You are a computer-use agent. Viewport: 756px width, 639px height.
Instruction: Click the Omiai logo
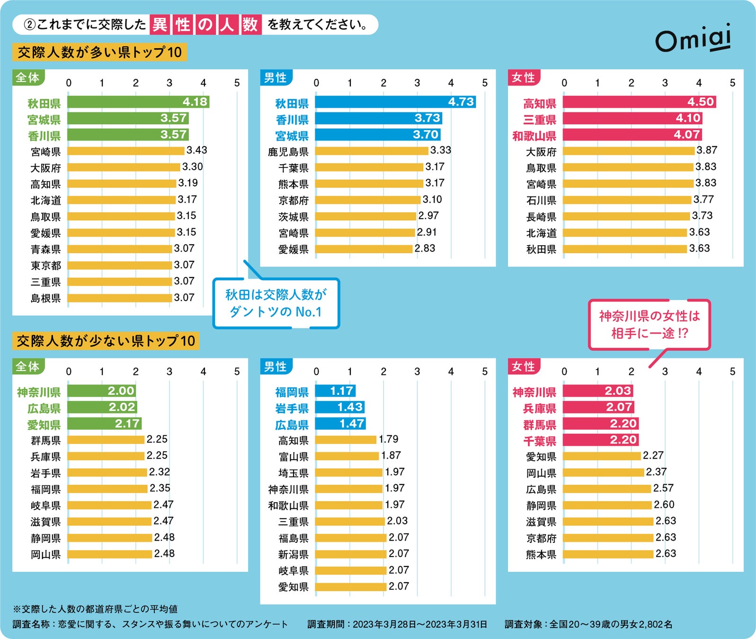[693, 39]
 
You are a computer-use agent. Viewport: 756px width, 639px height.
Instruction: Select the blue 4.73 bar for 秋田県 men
[395, 102]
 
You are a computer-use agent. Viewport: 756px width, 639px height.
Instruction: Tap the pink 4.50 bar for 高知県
[639, 102]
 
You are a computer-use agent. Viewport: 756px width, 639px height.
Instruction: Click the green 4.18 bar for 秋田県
[138, 102]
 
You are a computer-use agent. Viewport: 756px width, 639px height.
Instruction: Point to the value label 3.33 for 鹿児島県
[440, 151]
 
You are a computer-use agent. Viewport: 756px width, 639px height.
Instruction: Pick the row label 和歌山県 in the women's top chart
[534, 136]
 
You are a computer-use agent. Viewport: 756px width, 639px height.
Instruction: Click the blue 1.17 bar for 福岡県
[335, 391]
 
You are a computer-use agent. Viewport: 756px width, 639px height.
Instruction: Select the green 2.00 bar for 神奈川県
[102, 391]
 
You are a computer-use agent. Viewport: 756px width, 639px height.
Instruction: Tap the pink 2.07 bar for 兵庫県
[598, 407]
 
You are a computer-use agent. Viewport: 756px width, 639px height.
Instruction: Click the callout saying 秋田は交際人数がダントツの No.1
[276, 303]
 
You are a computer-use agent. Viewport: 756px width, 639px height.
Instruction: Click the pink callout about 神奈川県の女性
[649, 325]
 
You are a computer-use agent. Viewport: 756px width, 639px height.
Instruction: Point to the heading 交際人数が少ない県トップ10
[106, 341]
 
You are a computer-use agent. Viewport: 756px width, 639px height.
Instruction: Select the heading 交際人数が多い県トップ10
[99, 52]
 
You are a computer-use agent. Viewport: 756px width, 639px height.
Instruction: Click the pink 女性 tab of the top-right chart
[523, 78]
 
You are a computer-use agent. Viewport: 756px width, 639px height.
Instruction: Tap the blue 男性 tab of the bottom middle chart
[276, 366]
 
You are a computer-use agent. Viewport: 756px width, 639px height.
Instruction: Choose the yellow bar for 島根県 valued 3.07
[120, 298]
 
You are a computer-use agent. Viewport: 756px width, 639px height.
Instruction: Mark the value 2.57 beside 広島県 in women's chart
[663, 488]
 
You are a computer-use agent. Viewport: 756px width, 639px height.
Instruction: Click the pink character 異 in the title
[160, 25]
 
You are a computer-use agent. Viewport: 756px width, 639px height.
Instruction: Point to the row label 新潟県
[293, 554]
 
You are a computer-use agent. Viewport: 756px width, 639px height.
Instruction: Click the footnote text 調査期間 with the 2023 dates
[397, 624]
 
